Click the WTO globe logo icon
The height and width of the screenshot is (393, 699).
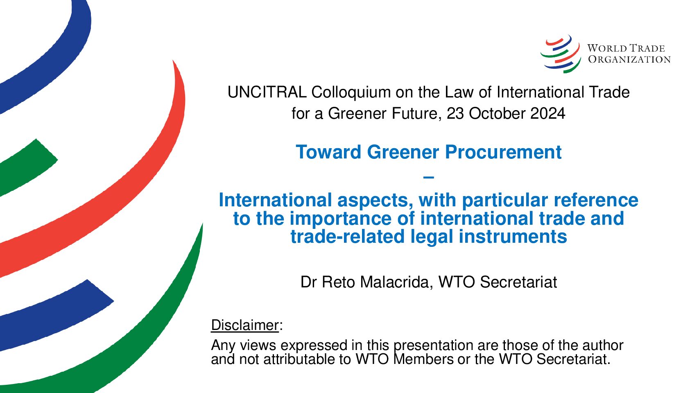coord(561,54)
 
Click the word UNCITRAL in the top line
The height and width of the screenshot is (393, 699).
coord(267,93)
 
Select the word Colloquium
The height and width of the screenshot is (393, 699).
coord(351,93)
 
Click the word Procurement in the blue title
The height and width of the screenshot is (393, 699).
coord(503,152)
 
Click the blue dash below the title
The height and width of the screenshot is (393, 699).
coord(429,178)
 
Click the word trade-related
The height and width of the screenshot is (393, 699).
coord(347,237)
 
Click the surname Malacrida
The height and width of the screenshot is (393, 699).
coord(396,282)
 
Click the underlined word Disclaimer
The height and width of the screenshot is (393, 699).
coord(244,325)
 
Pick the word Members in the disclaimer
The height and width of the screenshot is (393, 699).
coord(423,359)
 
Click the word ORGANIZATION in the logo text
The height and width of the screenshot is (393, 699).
coord(629,59)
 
